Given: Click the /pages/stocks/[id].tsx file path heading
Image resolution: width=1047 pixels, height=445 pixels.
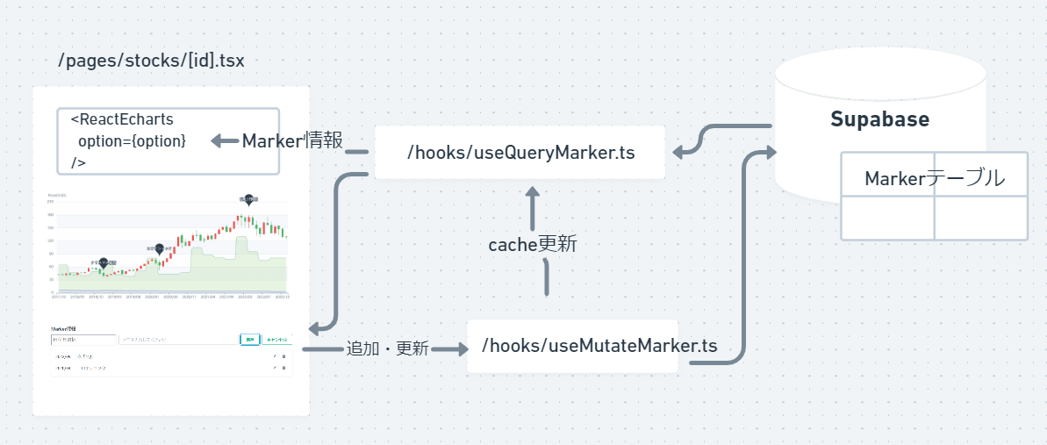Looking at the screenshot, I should click(x=151, y=61).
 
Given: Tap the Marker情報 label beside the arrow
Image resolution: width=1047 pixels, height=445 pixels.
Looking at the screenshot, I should click(x=292, y=141).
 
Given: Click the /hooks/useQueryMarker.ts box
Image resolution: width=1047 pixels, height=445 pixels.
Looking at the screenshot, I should click(x=520, y=153).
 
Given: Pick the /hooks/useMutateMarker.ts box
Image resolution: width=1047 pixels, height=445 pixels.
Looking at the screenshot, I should click(x=572, y=346).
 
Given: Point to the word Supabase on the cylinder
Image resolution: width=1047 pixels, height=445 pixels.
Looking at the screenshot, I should click(x=879, y=119).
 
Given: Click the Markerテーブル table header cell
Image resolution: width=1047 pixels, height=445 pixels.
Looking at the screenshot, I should click(x=934, y=178).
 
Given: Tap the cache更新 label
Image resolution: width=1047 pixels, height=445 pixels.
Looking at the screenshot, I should click(x=533, y=244).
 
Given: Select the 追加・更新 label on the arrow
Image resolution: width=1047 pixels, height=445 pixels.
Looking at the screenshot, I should click(x=387, y=348).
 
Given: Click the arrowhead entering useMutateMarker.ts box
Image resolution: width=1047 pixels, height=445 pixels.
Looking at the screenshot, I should click(x=462, y=348).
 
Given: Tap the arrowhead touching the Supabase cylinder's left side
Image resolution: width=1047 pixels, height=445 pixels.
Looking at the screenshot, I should click(x=770, y=153).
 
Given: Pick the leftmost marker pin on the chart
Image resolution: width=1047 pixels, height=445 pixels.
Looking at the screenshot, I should click(x=104, y=262).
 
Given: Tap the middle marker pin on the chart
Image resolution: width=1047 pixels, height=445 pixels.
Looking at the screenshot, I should click(x=159, y=249).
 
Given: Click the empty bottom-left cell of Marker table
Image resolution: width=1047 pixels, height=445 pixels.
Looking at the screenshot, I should click(x=887, y=218).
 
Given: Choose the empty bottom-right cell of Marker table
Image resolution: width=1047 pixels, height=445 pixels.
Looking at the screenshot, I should click(x=980, y=218).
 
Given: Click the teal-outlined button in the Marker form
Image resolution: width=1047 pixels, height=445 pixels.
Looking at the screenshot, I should click(x=249, y=339).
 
